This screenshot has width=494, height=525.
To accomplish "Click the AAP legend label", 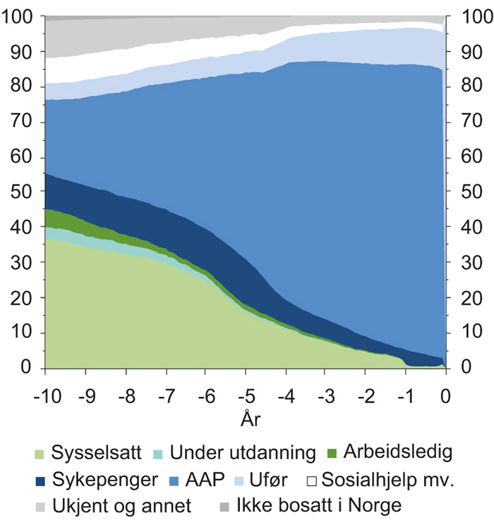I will point(205,479).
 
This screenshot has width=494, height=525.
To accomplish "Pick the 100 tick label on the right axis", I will point(474,17).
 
